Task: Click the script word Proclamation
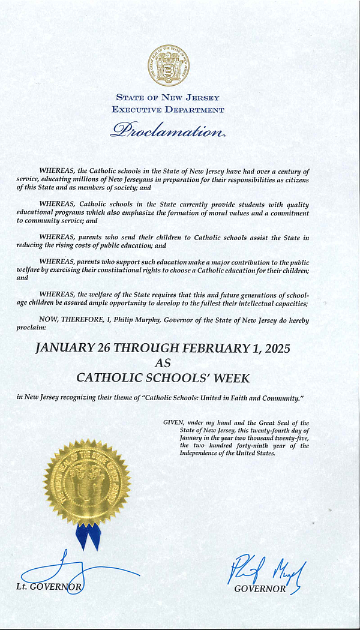click(167, 130)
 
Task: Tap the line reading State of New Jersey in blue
click(168, 98)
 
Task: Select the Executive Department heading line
click(168, 110)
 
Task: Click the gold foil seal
click(87, 482)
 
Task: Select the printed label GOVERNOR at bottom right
click(260, 589)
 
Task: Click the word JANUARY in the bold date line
click(65, 348)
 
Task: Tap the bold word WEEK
click(229, 378)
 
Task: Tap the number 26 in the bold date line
click(111, 348)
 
